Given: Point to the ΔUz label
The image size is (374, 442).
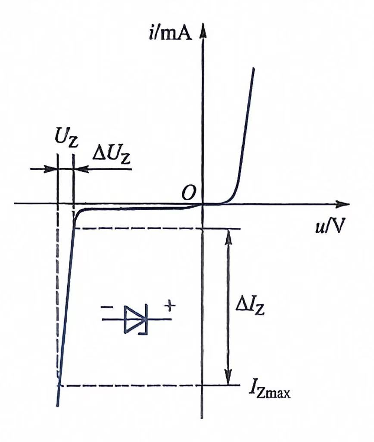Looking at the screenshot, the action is point(112,155).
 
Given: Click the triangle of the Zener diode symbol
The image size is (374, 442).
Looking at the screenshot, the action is point(135,319).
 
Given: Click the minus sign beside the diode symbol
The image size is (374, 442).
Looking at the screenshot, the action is point(106,307).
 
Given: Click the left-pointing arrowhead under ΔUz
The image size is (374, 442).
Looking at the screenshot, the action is point(81,169).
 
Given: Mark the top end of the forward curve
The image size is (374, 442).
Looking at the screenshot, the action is point(253,69).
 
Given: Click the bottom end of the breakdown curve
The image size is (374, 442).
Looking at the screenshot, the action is point(57,406).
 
